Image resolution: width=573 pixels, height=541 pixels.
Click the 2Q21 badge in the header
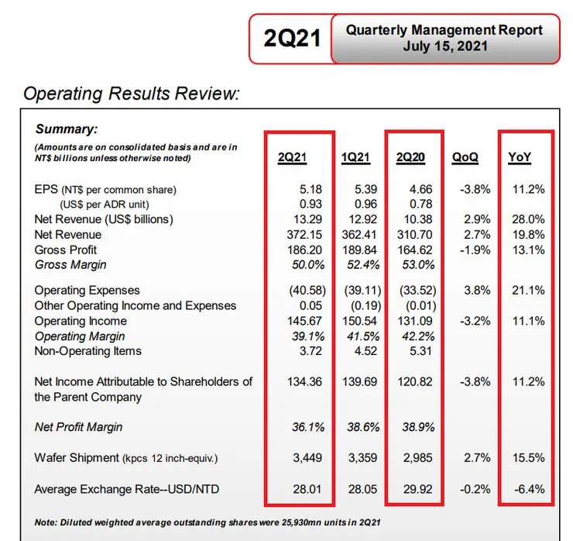tap(292, 38)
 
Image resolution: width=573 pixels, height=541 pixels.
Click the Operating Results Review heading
tap(131, 95)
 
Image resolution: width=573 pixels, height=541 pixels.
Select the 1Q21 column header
tap(355, 158)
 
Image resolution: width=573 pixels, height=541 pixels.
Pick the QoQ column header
tap(465, 158)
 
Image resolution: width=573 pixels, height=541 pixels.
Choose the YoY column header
tap(520, 158)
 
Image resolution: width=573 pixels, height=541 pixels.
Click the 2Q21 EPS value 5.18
tap(309, 189)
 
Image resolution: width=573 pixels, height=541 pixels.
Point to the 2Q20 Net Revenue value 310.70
tap(415, 234)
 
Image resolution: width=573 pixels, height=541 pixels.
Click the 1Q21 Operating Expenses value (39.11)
tap(359, 290)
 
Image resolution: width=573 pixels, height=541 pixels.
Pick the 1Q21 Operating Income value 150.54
tap(359, 321)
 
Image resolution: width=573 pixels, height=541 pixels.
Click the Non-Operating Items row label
tap(88, 351)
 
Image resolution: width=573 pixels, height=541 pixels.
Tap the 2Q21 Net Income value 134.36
tap(304, 381)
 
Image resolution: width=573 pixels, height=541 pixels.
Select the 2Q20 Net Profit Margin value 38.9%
tap(415, 427)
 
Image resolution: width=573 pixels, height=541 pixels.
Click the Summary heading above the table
tap(66, 129)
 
